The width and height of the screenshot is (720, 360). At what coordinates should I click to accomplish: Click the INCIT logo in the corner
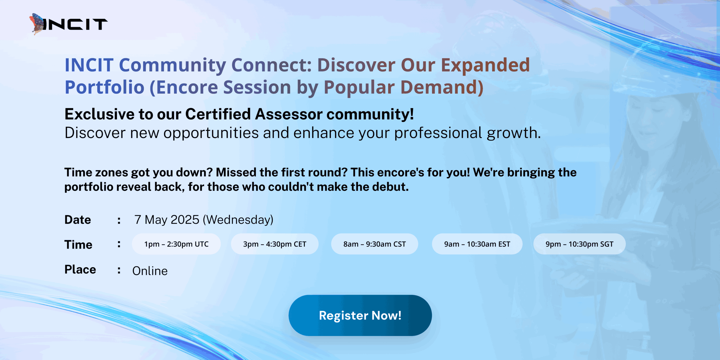tap(68, 24)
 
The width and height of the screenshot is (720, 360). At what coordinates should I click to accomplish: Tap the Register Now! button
tap(360, 315)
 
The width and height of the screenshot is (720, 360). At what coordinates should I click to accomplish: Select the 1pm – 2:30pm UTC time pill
tap(176, 244)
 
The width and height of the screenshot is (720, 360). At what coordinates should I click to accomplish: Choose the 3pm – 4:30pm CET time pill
tap(274, 244)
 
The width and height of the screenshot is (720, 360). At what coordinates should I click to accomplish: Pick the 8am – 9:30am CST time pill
tap(374, 244)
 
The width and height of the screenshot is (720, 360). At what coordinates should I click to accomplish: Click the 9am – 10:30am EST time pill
tap(477, 244)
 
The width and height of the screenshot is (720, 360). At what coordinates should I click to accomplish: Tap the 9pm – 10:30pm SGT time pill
tap(579, 244)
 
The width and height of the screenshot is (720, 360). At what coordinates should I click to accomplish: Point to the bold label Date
tap(78, 220)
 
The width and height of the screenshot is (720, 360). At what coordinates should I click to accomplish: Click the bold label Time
tap(78, 244)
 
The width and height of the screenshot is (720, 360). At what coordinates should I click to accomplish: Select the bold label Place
tap(80, 269)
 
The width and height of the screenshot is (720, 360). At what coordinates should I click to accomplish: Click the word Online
tap(150, 271)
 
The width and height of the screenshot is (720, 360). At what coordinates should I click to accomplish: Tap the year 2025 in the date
tap(185, 220)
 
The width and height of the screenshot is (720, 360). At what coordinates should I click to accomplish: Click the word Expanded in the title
tap(485, 65)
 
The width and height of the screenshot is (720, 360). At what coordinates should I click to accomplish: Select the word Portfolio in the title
tap(104, 87)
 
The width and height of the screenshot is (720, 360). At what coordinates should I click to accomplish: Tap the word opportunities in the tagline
tap(211, 133)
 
